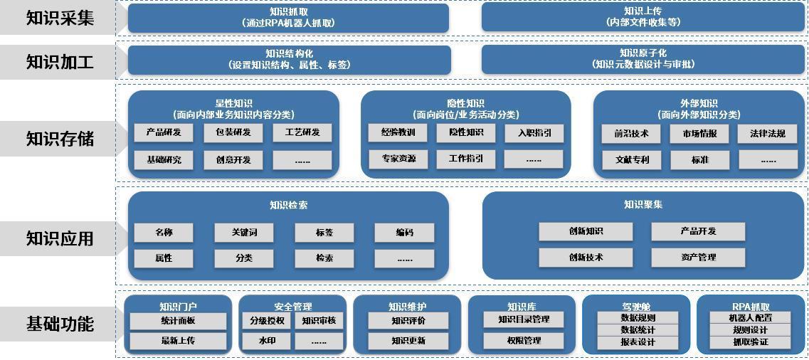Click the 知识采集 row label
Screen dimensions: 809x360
pos(60,18)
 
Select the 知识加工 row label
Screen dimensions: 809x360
pos(60,62)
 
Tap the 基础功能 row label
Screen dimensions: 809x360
pos(60,324)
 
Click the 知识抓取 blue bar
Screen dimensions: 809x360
pos(288,17)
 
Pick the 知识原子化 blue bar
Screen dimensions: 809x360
pos(643,58)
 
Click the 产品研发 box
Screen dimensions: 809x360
pos(164,132)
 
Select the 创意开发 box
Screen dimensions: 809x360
pos(233,159)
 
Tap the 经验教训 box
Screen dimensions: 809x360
pos(398,132)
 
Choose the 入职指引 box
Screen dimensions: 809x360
pos(534,132)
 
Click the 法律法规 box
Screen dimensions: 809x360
pos(768,133)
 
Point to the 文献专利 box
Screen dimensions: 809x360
pos(632,159)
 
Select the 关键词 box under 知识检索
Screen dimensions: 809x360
pos(243,232)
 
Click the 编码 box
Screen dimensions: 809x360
pos(404,232)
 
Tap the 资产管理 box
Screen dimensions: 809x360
pos(697,257)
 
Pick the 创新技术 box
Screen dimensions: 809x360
pos(585,257)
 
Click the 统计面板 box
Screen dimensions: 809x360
pos(178,321)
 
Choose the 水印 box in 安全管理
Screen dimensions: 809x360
pos(267,341)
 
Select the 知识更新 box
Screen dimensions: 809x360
pos(408,341)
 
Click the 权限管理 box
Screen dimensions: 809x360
pos(524,341)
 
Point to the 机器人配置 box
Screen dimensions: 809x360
pos(750,318)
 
